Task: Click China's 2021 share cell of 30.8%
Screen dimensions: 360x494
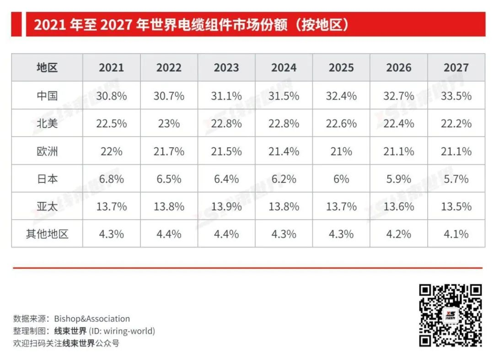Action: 112,96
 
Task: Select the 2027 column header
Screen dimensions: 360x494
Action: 456,68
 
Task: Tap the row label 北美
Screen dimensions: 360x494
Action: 47,124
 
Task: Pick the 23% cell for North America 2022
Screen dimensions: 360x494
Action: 169,124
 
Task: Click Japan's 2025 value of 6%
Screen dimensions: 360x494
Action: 341,179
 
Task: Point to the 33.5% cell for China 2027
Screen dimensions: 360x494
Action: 456,96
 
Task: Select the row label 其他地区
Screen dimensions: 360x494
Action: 47,234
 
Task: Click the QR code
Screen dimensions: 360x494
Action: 451,315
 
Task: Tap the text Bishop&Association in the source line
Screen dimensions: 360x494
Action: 92,319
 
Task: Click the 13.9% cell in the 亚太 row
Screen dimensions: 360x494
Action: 226,206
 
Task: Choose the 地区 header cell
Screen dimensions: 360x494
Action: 47,68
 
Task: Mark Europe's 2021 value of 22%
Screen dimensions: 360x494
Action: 112,151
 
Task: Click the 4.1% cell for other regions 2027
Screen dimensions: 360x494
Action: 456,234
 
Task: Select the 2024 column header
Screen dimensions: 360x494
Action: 284,68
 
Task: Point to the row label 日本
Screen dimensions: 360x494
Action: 47,179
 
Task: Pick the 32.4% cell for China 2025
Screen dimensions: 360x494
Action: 341,96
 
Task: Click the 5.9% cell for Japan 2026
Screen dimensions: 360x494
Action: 399,179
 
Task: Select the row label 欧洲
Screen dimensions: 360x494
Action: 47,151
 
